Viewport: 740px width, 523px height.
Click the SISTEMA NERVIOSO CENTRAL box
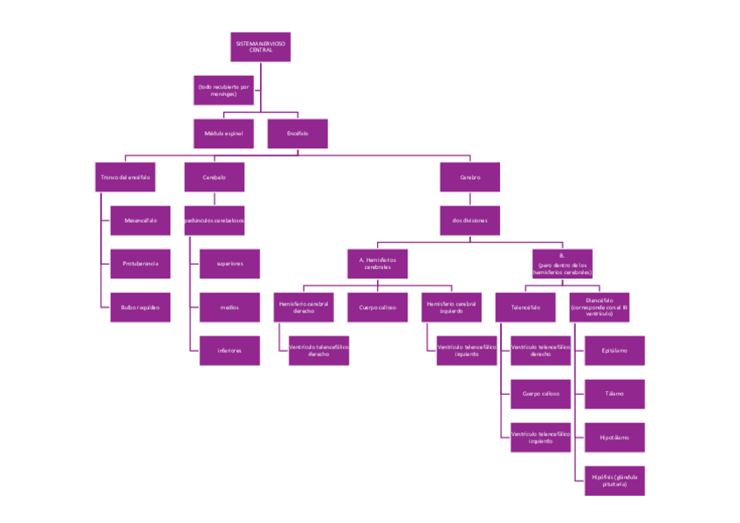(x=260, y=47)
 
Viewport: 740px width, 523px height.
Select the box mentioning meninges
(x=223, y=90)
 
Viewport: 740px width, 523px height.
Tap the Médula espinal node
(x=223, y=134)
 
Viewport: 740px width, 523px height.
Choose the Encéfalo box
(x=298, y=134)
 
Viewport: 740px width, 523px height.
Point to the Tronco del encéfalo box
(x=126, y=177)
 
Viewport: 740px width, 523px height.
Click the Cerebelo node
(x=214, y=177)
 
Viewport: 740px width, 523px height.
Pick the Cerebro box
(x=470, y=177)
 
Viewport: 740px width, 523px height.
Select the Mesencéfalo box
(x=140, y=220)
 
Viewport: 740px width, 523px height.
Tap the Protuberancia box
(x=140, y=263)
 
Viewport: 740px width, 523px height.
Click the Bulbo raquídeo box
(x=140, y=306)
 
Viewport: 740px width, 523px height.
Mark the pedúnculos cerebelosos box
(x=214, y=220)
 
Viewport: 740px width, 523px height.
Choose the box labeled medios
(x=230, y=306)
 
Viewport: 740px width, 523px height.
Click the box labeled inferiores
(x=230, y=350)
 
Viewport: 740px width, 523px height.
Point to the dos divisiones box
(x=470, y=220)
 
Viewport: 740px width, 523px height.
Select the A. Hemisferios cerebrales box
(x=377, y=264)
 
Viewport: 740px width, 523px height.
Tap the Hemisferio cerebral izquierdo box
(x=451, y=307)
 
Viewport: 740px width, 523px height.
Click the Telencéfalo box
(x=526, y=307)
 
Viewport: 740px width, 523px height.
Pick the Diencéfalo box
(x=600, y=307)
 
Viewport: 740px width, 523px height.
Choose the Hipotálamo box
(x=614, y=437)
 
